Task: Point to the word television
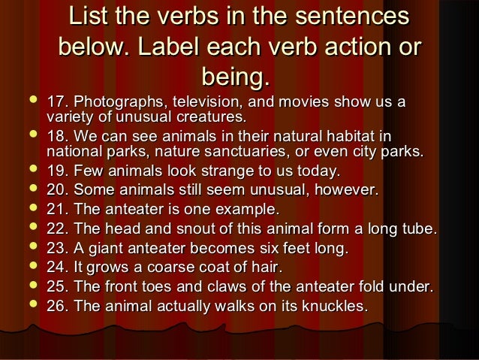click(x=208, y=101)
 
